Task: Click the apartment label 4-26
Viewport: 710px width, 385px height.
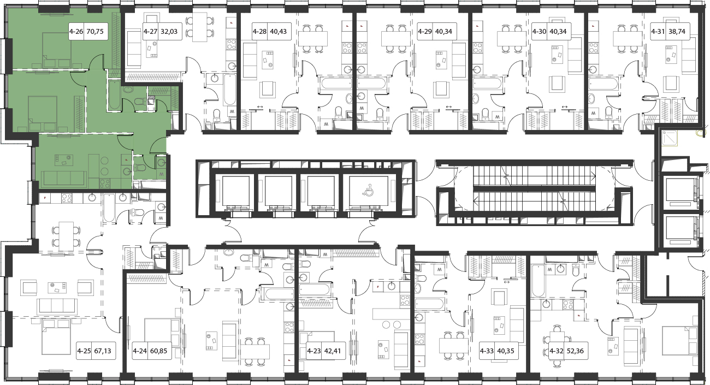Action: (76, 32)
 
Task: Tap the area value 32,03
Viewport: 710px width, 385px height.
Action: (169, 32)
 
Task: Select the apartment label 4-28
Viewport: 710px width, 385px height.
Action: (259, 32)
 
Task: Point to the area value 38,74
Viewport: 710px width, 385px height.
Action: (677, 32)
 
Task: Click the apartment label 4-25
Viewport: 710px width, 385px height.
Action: (84, 351)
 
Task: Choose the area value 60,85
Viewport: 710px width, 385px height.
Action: (158, 351)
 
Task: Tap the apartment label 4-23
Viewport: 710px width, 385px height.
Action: (314, 351)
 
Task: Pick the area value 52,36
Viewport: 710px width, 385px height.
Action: (575, 351)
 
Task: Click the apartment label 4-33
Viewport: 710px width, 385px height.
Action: (487, 351)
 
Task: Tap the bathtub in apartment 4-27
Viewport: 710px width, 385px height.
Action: (229, 90)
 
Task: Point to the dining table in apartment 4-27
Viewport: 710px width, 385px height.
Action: (200, 27)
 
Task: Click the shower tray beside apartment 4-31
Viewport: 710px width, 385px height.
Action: (670, 138)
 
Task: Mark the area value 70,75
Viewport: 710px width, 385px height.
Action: (95, 32)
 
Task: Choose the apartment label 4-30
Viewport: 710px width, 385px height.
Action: (539, 32)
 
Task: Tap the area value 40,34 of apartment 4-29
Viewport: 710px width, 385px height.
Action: (443, 32)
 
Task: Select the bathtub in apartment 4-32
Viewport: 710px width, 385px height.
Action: (538, 281)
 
